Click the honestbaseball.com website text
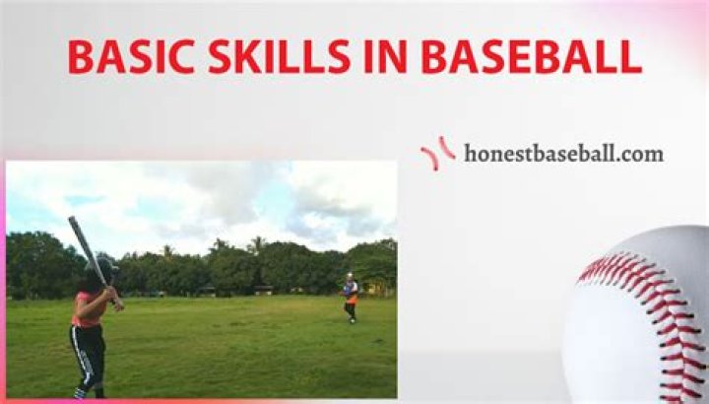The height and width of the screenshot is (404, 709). pyautogui.click(x=563, y=154)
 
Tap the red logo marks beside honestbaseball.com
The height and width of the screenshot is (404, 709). pyautogui.click(x=437, y=153)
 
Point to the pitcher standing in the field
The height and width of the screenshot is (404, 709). pyautogui.click(x=350, y=298)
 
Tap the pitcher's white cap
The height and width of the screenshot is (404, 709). pyautogui.click(x=349, y=276)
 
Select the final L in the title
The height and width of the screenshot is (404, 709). pyautogui.click(x=630, y=58)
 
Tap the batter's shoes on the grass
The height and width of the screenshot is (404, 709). pyautogui.click(x=80, y=393)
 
